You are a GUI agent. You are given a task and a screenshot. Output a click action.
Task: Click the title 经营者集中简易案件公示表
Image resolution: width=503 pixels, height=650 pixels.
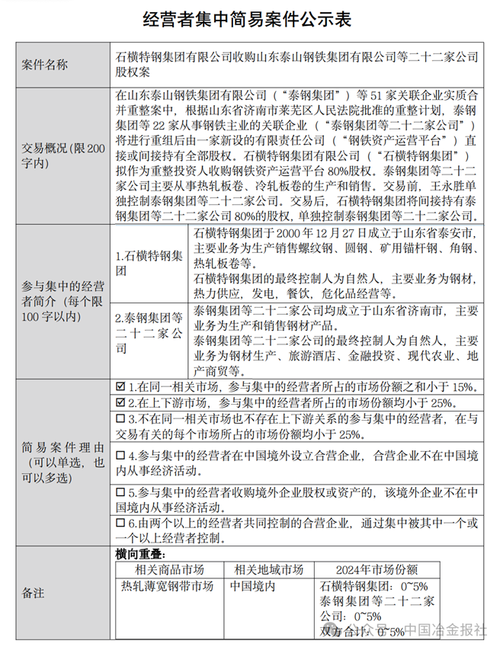coord(251,19)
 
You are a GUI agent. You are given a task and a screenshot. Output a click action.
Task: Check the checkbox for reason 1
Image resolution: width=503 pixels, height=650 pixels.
coord(120,387)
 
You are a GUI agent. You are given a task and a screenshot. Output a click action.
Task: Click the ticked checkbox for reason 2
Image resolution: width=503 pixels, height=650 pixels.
coord(120,402)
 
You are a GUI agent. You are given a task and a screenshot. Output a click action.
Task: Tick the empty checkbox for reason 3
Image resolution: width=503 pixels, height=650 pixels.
coord(120,419)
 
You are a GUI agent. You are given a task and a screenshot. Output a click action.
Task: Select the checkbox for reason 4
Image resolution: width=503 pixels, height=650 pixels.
coord(120,455)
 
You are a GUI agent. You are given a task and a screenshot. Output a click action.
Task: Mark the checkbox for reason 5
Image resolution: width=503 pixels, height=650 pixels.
coord(120,491)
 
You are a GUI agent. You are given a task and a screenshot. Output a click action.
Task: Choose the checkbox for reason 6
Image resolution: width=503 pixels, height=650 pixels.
coord(120,524)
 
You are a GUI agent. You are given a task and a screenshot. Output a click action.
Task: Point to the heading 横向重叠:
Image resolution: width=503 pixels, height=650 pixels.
coord(136,555)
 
